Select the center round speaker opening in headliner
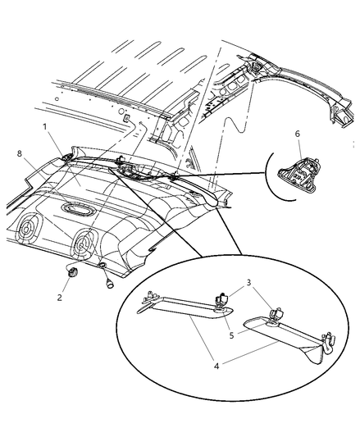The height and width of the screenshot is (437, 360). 84,243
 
